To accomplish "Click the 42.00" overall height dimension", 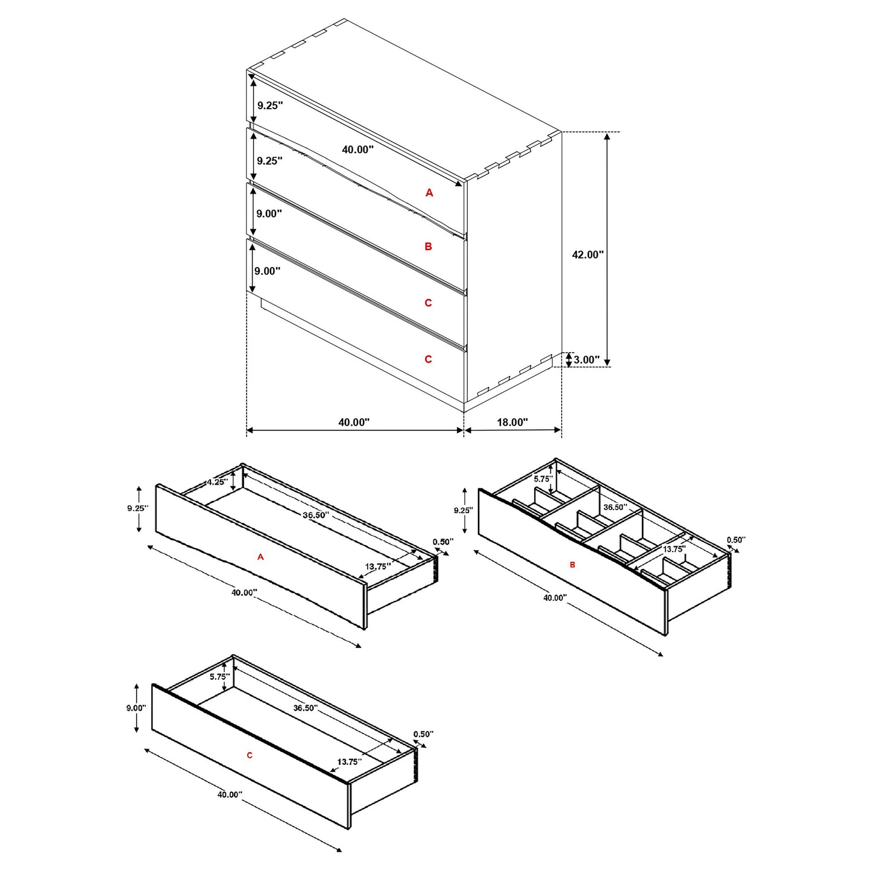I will click(x=587, y=254).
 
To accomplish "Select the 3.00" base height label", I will click(x=586, y=360).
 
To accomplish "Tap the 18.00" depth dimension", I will click(x=512, y=422).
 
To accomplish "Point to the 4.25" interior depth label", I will click(x=216, y=482).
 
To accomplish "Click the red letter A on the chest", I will click(x=429, y=192).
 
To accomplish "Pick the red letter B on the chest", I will click(x=428, y=246).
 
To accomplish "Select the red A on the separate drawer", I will click(x=260, y=557).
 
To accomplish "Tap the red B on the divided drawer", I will click(x=572, y=565).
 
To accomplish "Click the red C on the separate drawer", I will click(x=250, y=755).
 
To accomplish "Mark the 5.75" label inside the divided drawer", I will click(x=542, y=479).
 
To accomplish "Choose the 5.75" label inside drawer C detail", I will click(x=219, y=676).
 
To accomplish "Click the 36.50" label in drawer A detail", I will click(x=315, y=515).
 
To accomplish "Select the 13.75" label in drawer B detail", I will click(x=674, y=549).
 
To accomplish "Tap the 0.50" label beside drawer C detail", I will click(x=423, y=734).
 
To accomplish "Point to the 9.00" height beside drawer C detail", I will click(x=136, y=708).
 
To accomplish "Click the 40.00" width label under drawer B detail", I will click(x=555, y=598).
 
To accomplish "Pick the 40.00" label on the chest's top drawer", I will click(x=357, y=149).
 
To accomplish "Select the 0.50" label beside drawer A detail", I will click(x=443, y=541).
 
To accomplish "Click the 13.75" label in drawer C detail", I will click(x=349, y=761).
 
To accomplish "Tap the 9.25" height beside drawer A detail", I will click(x=137, y=508).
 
